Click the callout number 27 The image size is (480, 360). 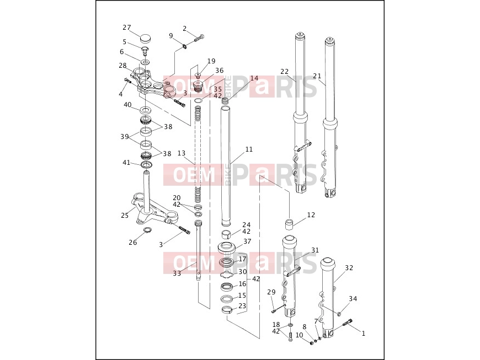click(x=127, y=28)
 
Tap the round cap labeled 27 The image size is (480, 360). click(x=146, y=39)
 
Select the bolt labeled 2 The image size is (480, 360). click(x=199, y=39)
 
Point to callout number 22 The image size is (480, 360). click(x=284, y=71)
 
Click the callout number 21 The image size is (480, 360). click(x=317, y=76)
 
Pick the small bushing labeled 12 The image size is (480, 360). click(x=290, y=224)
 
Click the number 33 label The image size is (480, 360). click(x=177, y=273)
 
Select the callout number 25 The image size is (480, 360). click(x=125, y=216)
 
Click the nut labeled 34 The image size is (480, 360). click(x=339, y=314)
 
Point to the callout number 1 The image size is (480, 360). click(x=364, y=334)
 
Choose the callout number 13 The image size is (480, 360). click(x=182, y=153)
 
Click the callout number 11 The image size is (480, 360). click(x=249, y=149)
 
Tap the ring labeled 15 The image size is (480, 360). click(x=226, y=298)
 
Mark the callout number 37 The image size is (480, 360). click(x=247, y=241)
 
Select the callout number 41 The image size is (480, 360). click(x=126, y=163)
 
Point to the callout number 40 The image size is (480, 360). click(x=127, y=105)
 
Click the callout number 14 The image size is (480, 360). click(x=254, y=78)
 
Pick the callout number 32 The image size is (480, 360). click(x=349, y=267)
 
